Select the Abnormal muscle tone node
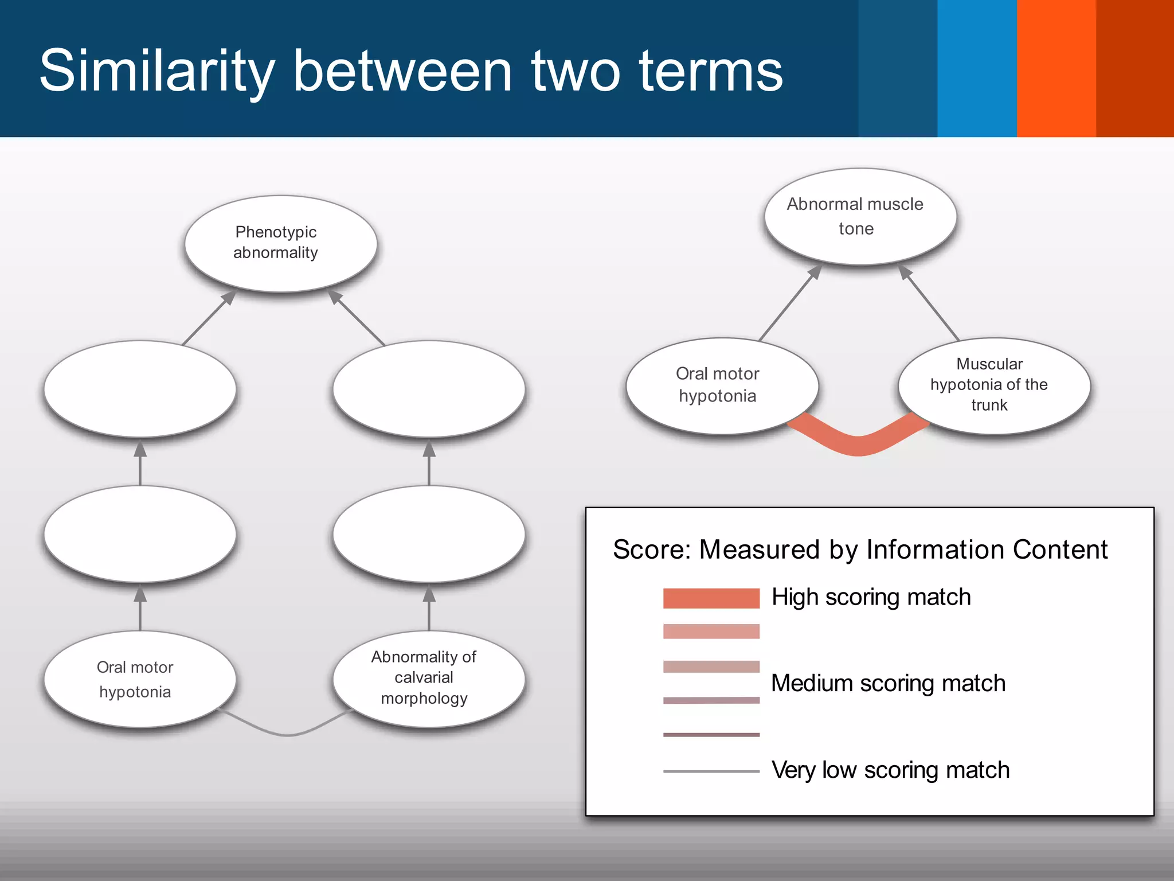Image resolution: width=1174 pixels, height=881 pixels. click(x=860, y=216)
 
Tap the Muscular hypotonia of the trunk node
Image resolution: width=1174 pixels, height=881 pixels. click(x=993, y=385)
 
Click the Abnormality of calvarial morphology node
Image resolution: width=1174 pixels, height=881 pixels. click(x=428, y=679)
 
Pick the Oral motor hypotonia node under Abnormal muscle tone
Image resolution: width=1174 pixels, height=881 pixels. click(x=722, y=385)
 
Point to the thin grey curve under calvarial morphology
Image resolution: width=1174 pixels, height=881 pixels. click(x=287, y=733)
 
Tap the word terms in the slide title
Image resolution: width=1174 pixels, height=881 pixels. click(x=711, y=71)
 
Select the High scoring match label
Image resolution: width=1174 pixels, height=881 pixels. click(x=871, y=597)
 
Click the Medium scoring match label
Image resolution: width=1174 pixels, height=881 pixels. click(x=888, y=683)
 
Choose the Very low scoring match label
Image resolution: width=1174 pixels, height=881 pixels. click(x=890, y=770)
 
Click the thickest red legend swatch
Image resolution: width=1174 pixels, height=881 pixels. click(x=711, y=598)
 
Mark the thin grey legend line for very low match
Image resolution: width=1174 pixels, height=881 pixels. click(x=711, y=771)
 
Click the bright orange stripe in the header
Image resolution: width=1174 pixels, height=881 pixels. click(x=1056, y=68)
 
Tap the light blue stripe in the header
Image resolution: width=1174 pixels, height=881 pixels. click(x=977, y=68)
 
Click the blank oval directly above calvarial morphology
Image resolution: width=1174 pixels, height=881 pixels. click(x=428, y=533)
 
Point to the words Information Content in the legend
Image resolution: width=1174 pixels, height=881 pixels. click(x=987, y=549)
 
